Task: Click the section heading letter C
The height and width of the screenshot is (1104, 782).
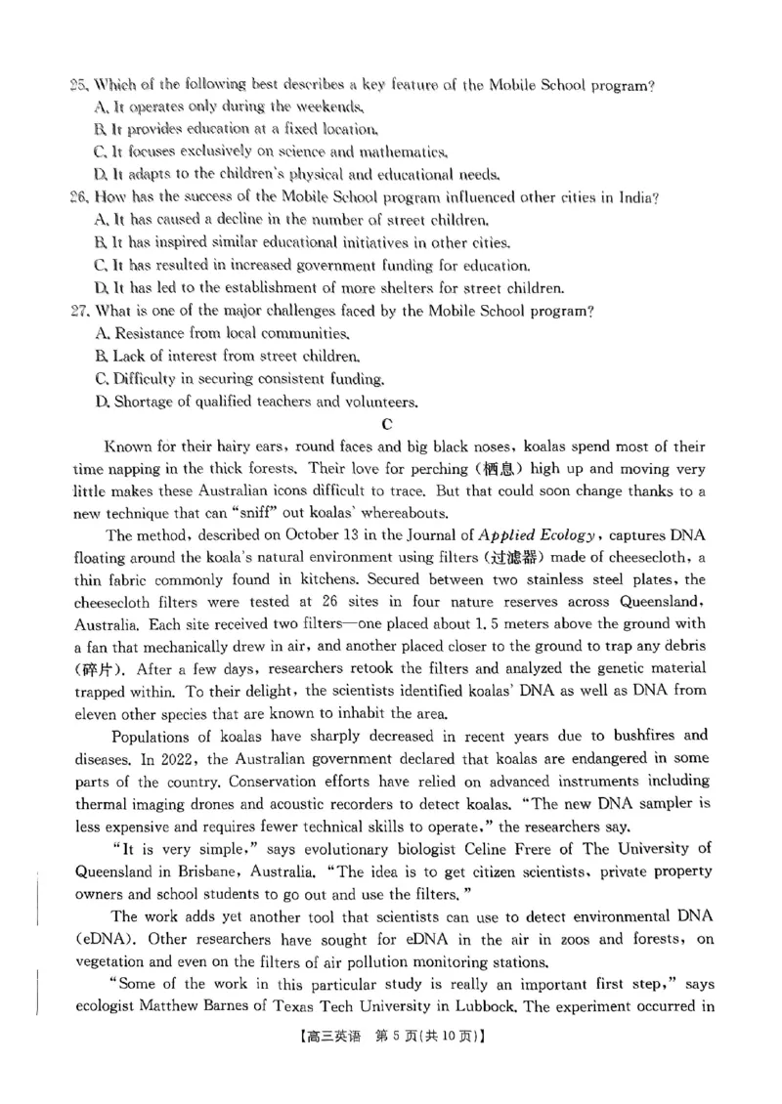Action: pos(388,424)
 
